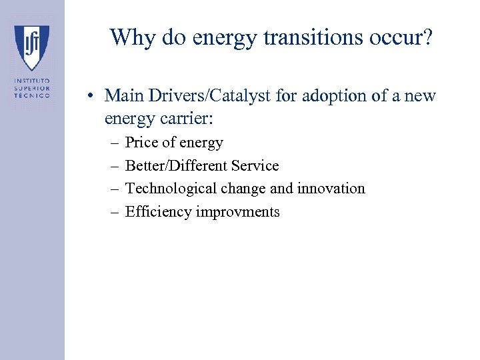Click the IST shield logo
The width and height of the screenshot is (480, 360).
(32, 47)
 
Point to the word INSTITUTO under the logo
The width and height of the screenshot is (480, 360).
(32, 81)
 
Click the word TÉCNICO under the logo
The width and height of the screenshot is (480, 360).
(32, 95)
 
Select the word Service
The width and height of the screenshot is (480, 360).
(255, 166)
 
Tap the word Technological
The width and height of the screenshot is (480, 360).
(170, 189)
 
